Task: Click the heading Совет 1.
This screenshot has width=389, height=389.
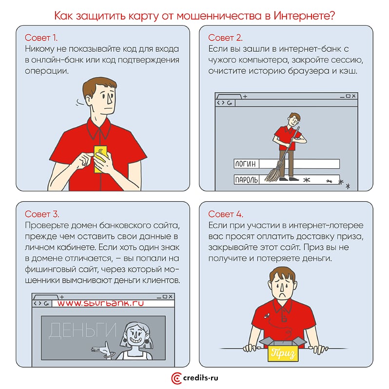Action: pyautogui.click(x=41, y=38)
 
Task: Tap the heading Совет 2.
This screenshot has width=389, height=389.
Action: pyautogui.click(x=225, y=38)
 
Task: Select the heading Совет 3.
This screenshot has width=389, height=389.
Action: pyautogui.click(x=42, y=214)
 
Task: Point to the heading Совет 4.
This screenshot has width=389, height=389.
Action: pyautogui.click(x=226, y=214)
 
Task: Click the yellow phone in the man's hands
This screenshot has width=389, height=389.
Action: pyautogui.click(x=100, y=159)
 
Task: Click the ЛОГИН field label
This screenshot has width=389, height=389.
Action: pyautogui.click(x=246, y=164)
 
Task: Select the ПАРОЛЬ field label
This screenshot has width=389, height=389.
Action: pyautogui.click(x=246, y=179)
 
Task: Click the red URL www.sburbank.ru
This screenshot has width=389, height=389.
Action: pyautogui.click(x=100, y=303)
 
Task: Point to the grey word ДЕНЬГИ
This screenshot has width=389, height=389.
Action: pyautogui.click(x=82, y=331)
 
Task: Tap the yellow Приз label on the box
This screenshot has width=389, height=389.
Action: pyautogui.click(x=283, y=353)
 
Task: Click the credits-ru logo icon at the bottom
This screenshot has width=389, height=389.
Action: pyautogui.click(x=176, y=378)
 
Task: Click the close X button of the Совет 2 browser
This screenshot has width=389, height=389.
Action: pyautogui.click(x=353, y=96)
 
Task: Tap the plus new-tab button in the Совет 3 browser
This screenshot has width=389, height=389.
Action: pyautogui.click(x=62, y=297)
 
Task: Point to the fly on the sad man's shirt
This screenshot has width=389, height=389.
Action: pyautogui.click(x=267, y=315)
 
